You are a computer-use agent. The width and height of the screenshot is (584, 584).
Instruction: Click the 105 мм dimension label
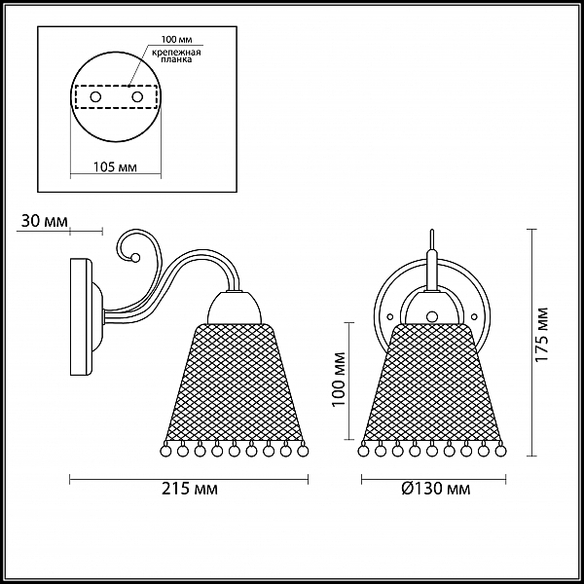(x=115, y=167)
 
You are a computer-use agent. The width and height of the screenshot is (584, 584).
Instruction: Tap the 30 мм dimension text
(x=45, y=221)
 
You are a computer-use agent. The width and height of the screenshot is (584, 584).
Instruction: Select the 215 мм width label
(x=190, y=489)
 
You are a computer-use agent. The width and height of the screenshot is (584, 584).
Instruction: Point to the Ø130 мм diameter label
(x=436, y=489)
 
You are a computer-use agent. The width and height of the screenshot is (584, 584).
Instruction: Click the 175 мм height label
(x=542, y=335)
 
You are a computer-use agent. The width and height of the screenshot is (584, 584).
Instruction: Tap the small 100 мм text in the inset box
(x=176, y=39)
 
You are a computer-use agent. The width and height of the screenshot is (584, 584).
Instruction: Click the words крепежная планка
(x=176, y=55)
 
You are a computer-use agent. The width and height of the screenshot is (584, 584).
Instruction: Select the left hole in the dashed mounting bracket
(x=95, y=97)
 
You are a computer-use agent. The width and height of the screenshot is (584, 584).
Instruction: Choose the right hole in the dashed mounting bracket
(x=137, y=97)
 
